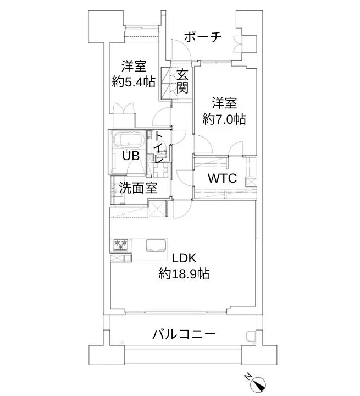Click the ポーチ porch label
pos(202,37)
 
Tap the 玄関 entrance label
pos(182,81)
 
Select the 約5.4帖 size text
pos(133,82)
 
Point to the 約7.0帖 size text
pos(224,118)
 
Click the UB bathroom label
pos(130,156)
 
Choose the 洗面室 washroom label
pos(138,188)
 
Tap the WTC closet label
pos(221,179)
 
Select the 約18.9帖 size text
pos(184,273)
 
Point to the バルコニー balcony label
pos(184,334)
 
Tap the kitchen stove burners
pos(121,244)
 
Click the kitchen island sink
pos(156,245)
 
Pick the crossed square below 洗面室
pos(158,210)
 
